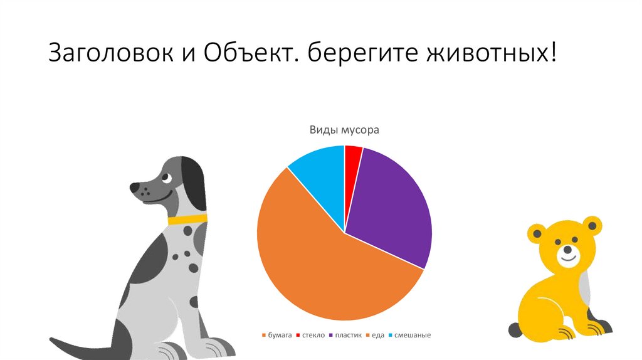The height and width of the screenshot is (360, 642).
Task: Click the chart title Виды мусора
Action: [344, 130]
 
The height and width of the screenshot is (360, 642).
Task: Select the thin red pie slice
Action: [352, 157]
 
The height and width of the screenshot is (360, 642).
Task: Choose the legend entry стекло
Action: [311, 336]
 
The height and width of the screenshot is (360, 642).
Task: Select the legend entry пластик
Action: [346, 336]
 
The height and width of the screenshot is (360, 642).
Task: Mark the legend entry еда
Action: [376, 336]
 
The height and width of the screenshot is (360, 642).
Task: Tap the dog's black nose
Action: [135, 187]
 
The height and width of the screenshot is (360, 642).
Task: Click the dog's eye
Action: [166, 177]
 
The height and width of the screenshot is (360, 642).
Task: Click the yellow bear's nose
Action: [567, 249]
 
